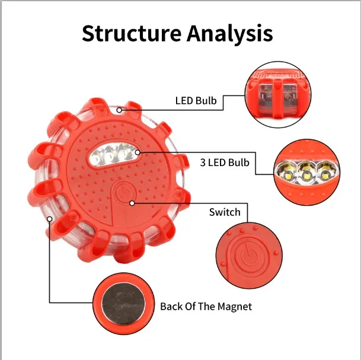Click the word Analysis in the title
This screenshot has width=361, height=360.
230,33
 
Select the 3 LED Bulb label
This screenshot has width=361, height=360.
225,163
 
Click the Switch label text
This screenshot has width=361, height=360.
225,212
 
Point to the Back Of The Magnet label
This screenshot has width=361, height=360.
206,307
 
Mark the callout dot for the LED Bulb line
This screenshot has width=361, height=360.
120,109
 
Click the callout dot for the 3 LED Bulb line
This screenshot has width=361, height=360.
137,152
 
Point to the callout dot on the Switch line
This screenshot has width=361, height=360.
132,203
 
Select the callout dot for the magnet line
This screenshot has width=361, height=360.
50,219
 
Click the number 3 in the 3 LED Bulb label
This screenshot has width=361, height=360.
203,163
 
